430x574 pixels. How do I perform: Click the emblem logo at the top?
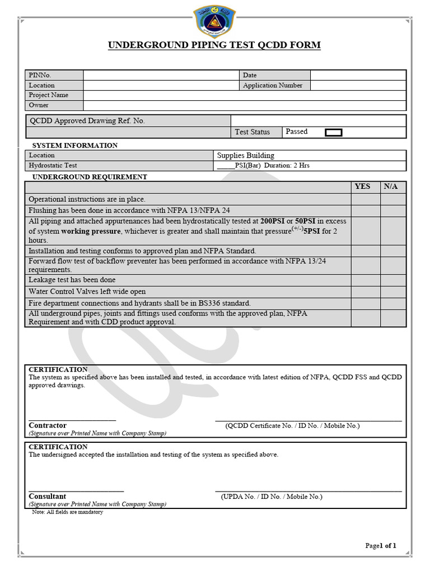[x=214, y=21]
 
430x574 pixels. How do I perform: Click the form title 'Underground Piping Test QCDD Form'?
[x=214, y=45]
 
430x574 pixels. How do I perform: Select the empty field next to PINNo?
[x=161, y=75]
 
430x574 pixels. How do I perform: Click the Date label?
[x=250, y=75]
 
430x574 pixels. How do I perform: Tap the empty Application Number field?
[x=358, y=85]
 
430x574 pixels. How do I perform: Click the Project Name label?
[x=49, y=95]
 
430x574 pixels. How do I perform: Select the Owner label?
[x=39, y=105]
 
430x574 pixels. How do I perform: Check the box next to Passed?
[x=334, y=132]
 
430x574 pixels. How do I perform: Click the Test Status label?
[x=252, y=132]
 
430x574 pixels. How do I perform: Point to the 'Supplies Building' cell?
[x=246, y=155]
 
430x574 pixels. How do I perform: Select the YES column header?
[x=363, y=187]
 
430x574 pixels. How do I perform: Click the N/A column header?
[x=391, y=187]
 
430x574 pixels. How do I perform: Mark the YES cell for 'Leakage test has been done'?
[x=366, y=280]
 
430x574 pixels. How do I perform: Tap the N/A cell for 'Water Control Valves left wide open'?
[x=394, y=291]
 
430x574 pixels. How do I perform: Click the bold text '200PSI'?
[x=273, y=221]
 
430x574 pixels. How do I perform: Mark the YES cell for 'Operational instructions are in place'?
[x=366, y=199]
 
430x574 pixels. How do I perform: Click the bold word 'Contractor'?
[x=48, y=425]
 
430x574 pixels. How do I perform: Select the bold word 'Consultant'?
[x=48, y=496]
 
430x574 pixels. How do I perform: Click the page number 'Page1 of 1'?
[x=381, y=545]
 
